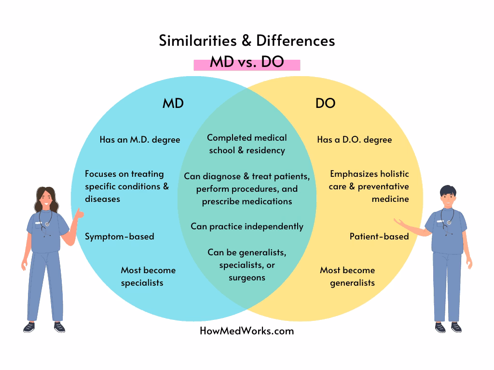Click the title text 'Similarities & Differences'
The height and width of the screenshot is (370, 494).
point(247,41)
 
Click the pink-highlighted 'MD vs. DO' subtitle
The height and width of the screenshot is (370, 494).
point(247,63)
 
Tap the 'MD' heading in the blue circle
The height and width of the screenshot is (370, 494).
point(173,103)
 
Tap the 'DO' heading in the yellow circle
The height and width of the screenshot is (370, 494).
point(325,103)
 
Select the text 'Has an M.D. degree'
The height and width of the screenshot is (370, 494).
point(139,140)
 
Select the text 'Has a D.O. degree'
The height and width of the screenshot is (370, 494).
point(354,140)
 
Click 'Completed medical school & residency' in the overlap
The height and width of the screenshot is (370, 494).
point(247,144)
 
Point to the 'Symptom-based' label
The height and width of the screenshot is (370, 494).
point(119,236)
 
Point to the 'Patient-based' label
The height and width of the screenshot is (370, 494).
point(379,236)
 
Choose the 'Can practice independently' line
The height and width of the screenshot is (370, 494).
point(247,226)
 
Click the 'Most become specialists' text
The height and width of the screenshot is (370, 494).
point(148,276)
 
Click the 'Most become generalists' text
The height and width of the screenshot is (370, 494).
point(347,276)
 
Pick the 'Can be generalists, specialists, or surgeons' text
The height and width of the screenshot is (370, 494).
point(247,264)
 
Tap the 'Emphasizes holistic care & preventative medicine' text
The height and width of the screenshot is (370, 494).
point(369,186)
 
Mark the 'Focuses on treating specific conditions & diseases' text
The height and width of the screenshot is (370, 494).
point(126,186)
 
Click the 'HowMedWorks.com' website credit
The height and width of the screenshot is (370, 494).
point(247,331)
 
